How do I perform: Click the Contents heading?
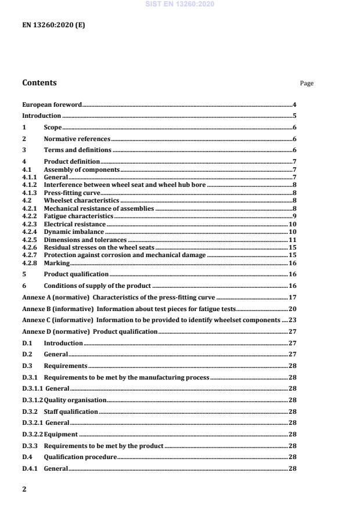tap(39, 82)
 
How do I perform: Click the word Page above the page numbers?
tap(307, 84)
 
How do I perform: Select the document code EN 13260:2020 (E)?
tap(53, 25)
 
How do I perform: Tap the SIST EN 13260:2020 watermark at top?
tap(179, 5)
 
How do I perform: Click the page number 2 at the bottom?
tap(24, 489)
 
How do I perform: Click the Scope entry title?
tap(53, 127)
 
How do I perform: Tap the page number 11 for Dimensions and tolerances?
tap(293, 240)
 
